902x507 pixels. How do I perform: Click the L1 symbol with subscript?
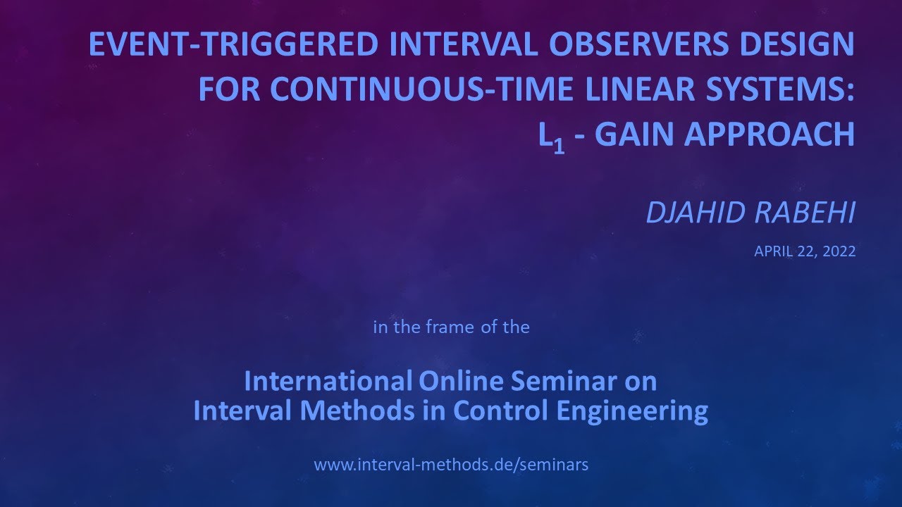coord(552,137)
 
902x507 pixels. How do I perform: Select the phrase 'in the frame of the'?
coord(451,327)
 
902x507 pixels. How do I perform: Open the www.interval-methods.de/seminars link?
coord(451,465)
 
